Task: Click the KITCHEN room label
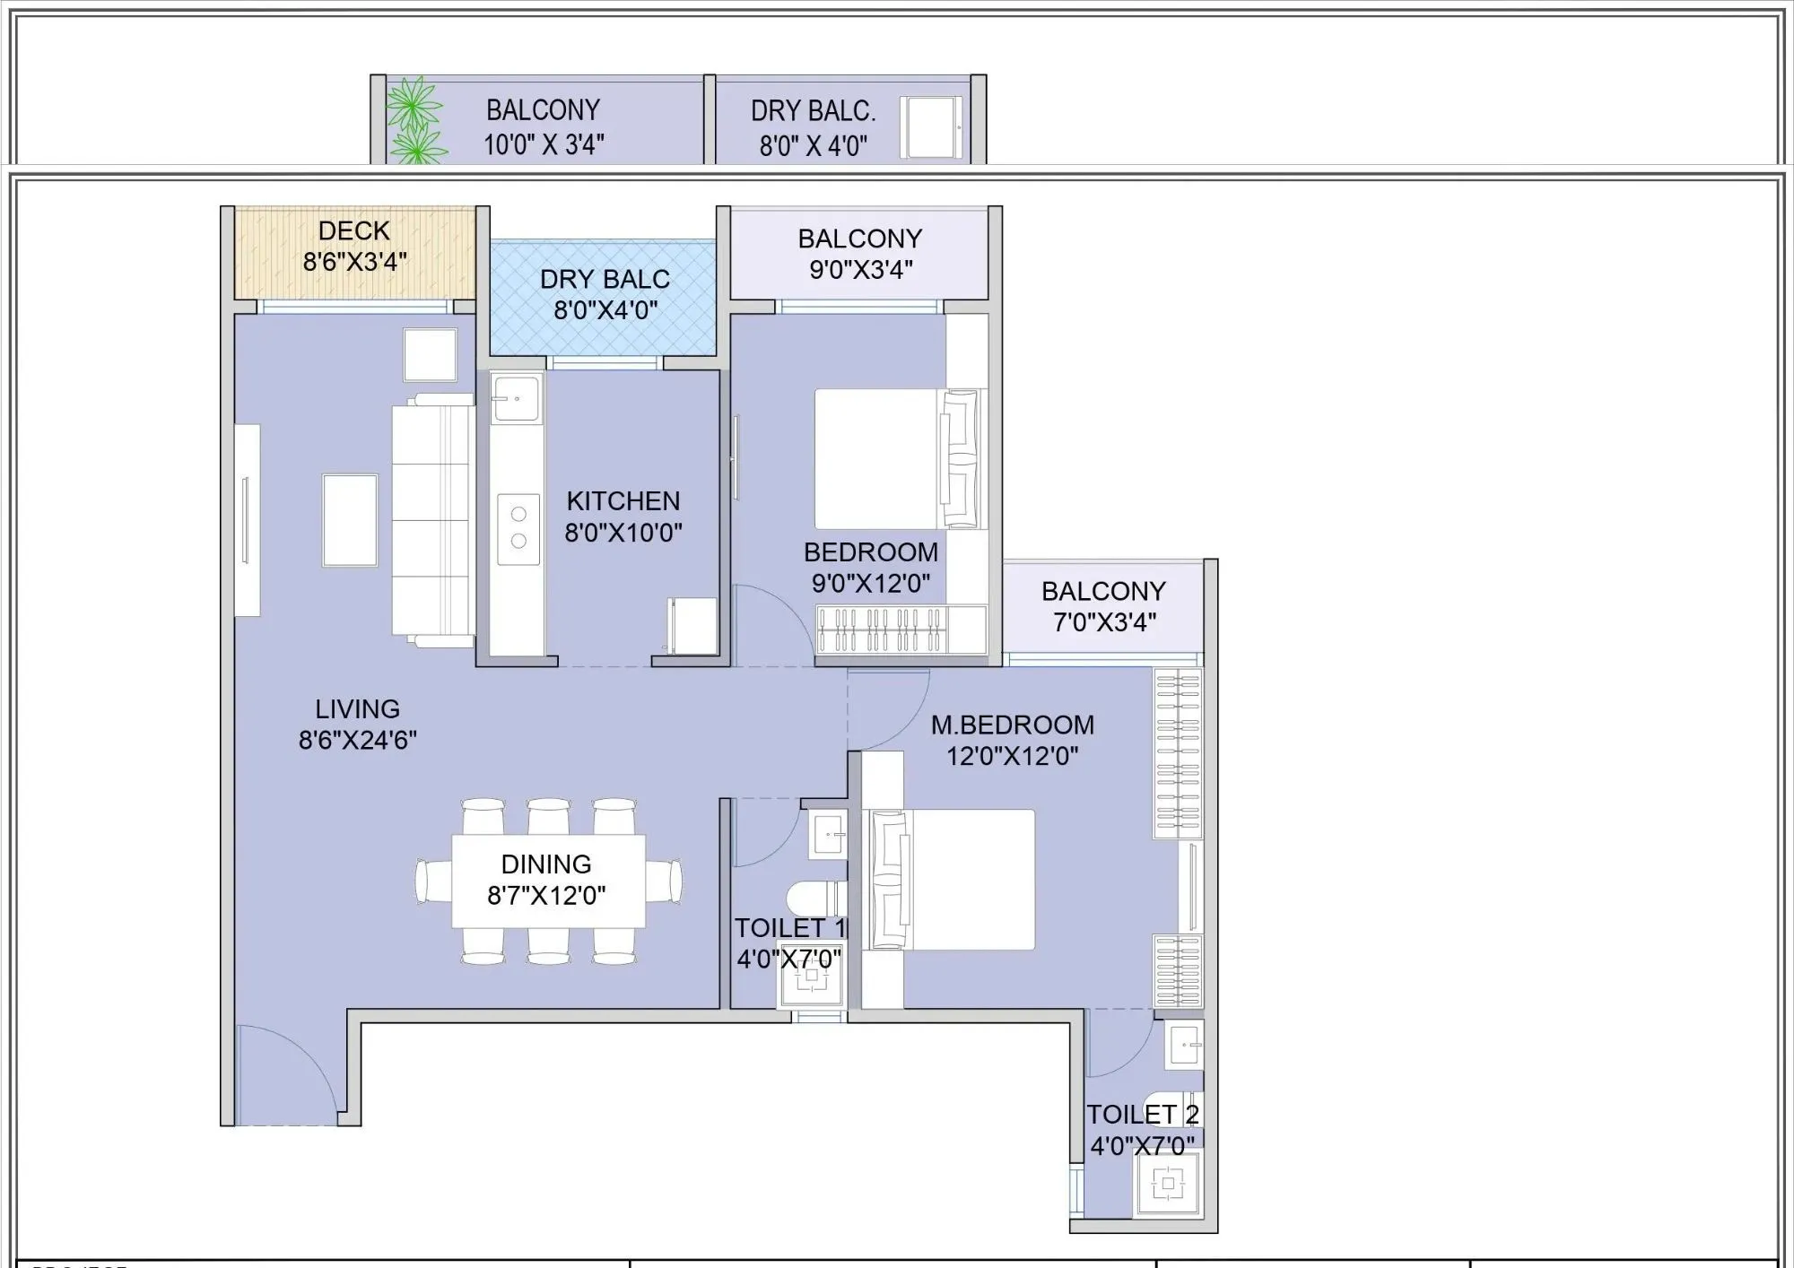coord(623,500)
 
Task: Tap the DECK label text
coord(354,230)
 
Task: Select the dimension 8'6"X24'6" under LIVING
coord(357,740)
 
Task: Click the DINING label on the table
coord(545,864)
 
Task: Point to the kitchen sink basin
coord(517,397)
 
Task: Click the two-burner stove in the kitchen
coord(518,528)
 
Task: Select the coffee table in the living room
coord(350,520)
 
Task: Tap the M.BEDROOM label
coord(1012,724)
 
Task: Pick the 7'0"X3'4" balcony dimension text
coord(1103,621)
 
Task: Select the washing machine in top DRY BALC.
coord(931,128)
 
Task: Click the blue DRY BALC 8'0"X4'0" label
coord(605,294)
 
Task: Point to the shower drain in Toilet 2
coord(1167,1184)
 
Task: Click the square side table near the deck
coord(430,355)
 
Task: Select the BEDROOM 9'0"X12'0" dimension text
coord(870,583)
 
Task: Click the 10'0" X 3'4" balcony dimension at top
coord(544,144)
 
